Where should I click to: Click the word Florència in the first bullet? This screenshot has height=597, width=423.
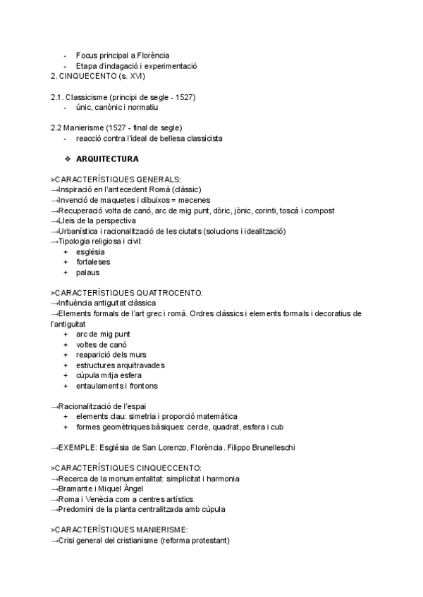point(152,56)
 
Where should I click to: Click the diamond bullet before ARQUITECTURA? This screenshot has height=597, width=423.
point(68,159)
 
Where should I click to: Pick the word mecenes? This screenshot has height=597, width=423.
point(199,201)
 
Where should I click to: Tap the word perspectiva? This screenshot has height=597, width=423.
point(99,221)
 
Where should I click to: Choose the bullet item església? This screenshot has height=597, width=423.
point(90,251)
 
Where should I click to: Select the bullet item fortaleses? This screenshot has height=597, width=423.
point(94,262)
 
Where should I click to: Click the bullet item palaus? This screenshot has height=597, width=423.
point(88,272)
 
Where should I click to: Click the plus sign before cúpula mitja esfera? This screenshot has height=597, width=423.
point(66,375)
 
